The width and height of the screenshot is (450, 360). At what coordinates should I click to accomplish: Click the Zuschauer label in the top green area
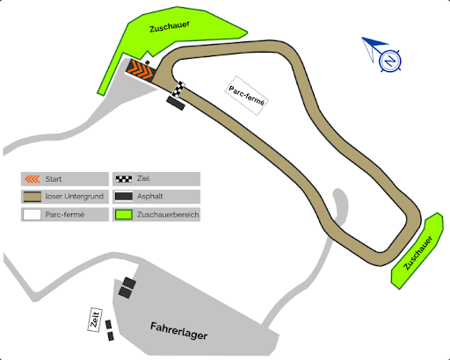170,26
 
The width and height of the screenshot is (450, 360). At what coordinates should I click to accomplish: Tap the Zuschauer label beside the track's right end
417,253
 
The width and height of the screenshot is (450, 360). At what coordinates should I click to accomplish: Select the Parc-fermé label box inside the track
247,96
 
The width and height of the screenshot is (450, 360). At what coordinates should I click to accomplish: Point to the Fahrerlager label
178,331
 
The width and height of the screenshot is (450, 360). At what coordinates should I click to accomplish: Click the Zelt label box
95,320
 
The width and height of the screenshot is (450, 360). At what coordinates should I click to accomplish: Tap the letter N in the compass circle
389,61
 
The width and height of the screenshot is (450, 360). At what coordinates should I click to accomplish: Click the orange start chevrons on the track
142,69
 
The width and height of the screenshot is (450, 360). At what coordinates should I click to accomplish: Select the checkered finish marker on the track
178,89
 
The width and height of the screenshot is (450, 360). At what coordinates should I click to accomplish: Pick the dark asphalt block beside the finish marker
176,103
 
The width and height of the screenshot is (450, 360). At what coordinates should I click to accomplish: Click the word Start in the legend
54,179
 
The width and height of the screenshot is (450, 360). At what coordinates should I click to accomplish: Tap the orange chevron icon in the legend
33,179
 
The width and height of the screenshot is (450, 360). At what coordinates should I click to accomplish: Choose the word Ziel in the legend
143,178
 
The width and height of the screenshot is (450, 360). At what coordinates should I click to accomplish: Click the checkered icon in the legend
124,179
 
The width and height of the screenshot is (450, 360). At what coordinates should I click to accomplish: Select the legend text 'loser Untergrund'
75,196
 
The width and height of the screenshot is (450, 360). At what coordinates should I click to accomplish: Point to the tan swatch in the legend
33,197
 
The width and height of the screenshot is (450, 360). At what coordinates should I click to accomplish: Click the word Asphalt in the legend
149,196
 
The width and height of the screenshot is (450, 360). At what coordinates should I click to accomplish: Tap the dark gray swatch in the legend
124,197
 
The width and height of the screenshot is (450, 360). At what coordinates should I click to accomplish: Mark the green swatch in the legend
124,214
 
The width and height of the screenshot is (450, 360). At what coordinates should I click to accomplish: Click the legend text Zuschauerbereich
168,214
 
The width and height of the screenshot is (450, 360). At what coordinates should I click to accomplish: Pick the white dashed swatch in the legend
33,214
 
